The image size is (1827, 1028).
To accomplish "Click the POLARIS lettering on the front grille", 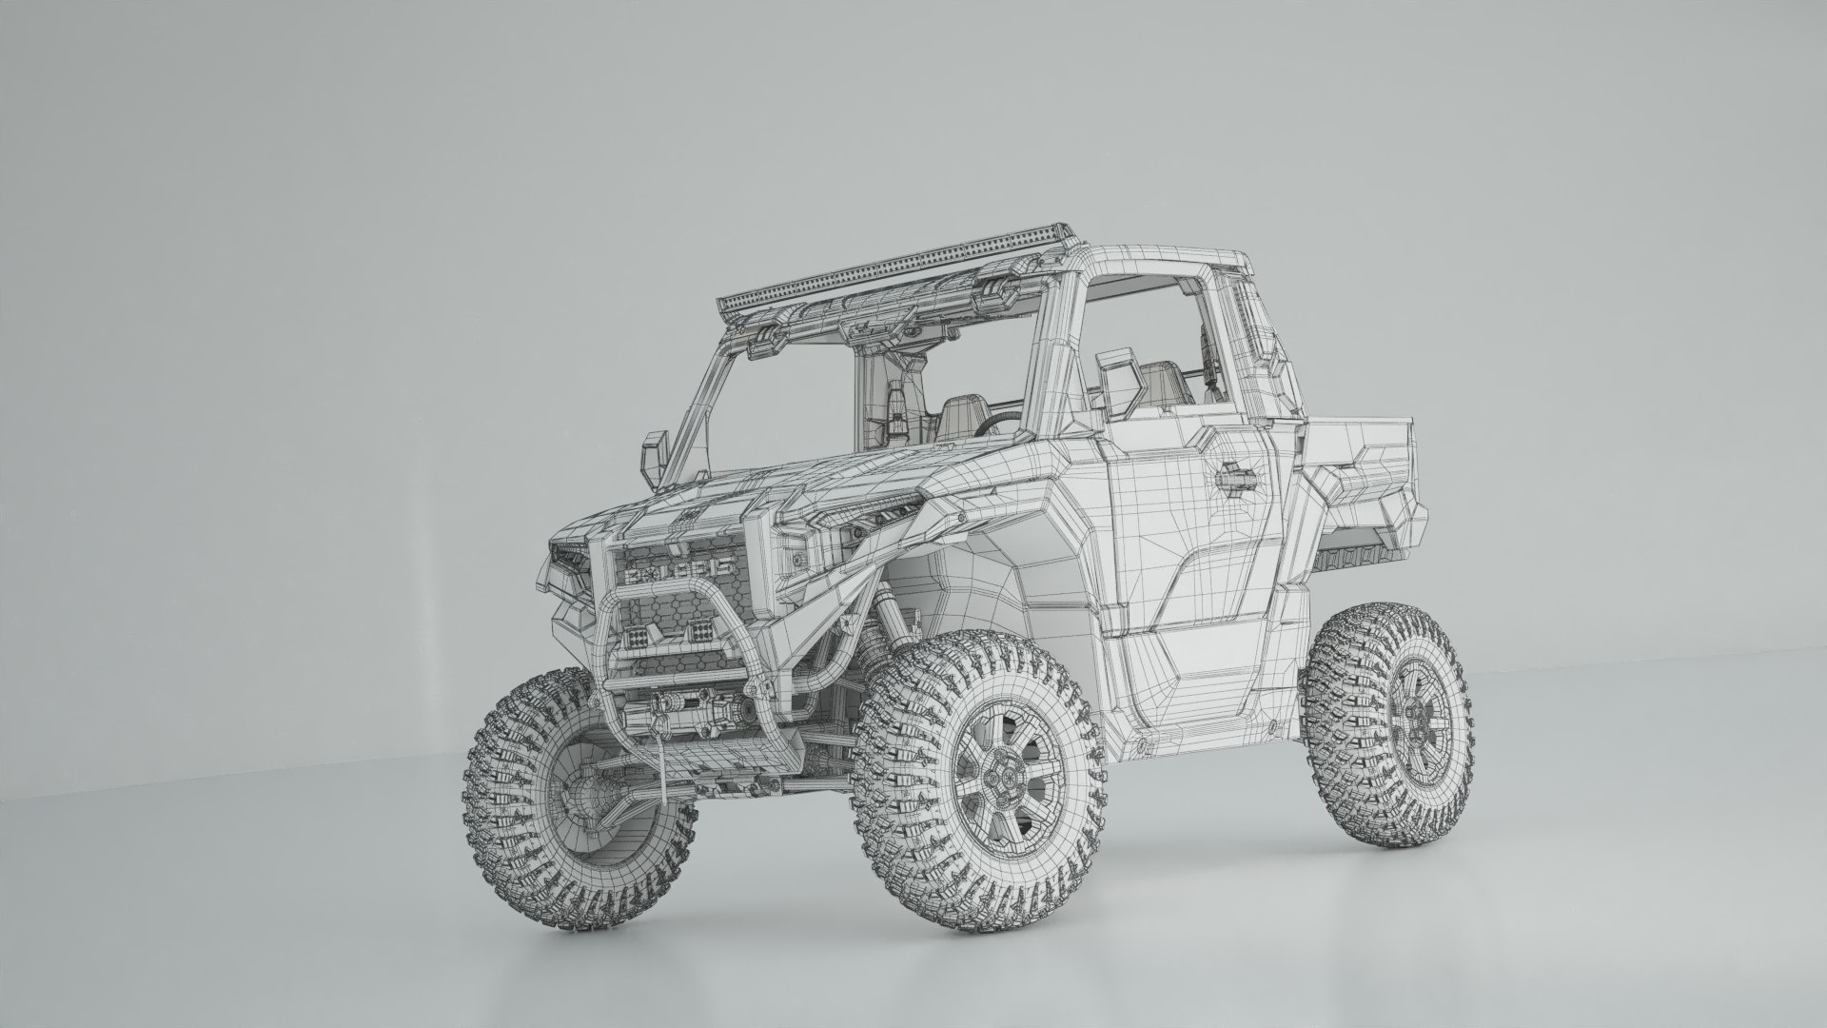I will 676,568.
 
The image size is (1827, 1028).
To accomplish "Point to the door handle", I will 1237,471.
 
